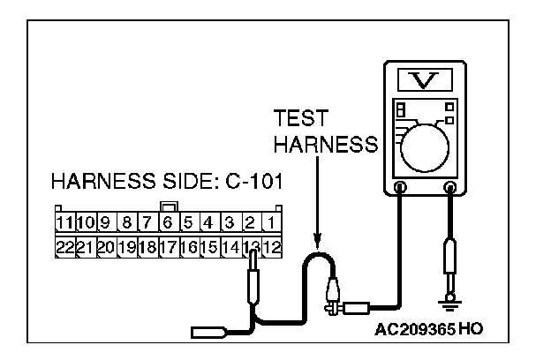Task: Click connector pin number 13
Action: tap(253, 247)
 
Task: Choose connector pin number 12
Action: tap(273, 247)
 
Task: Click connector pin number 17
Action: tap(167, 247)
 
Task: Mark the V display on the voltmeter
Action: tap(426, 81)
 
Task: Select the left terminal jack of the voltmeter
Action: tap(402, 187)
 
